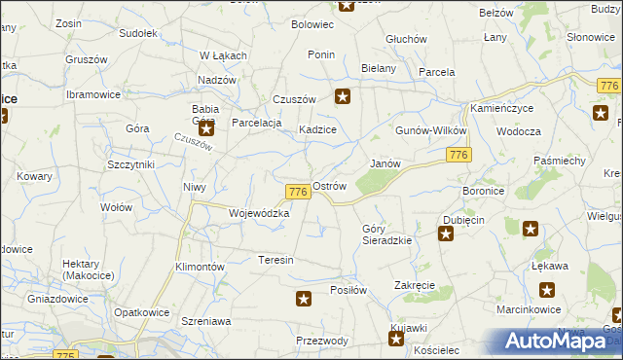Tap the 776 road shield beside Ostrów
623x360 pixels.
299,193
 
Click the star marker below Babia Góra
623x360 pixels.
206,127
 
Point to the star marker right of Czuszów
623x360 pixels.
343,96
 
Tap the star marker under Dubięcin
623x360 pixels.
446,234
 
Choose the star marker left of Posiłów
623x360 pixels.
304,300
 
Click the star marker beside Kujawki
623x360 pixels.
396,339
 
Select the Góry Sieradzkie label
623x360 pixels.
386,234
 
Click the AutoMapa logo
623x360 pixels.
553,341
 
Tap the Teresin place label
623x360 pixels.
275,260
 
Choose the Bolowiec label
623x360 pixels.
312,23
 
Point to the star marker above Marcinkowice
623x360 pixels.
547,289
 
